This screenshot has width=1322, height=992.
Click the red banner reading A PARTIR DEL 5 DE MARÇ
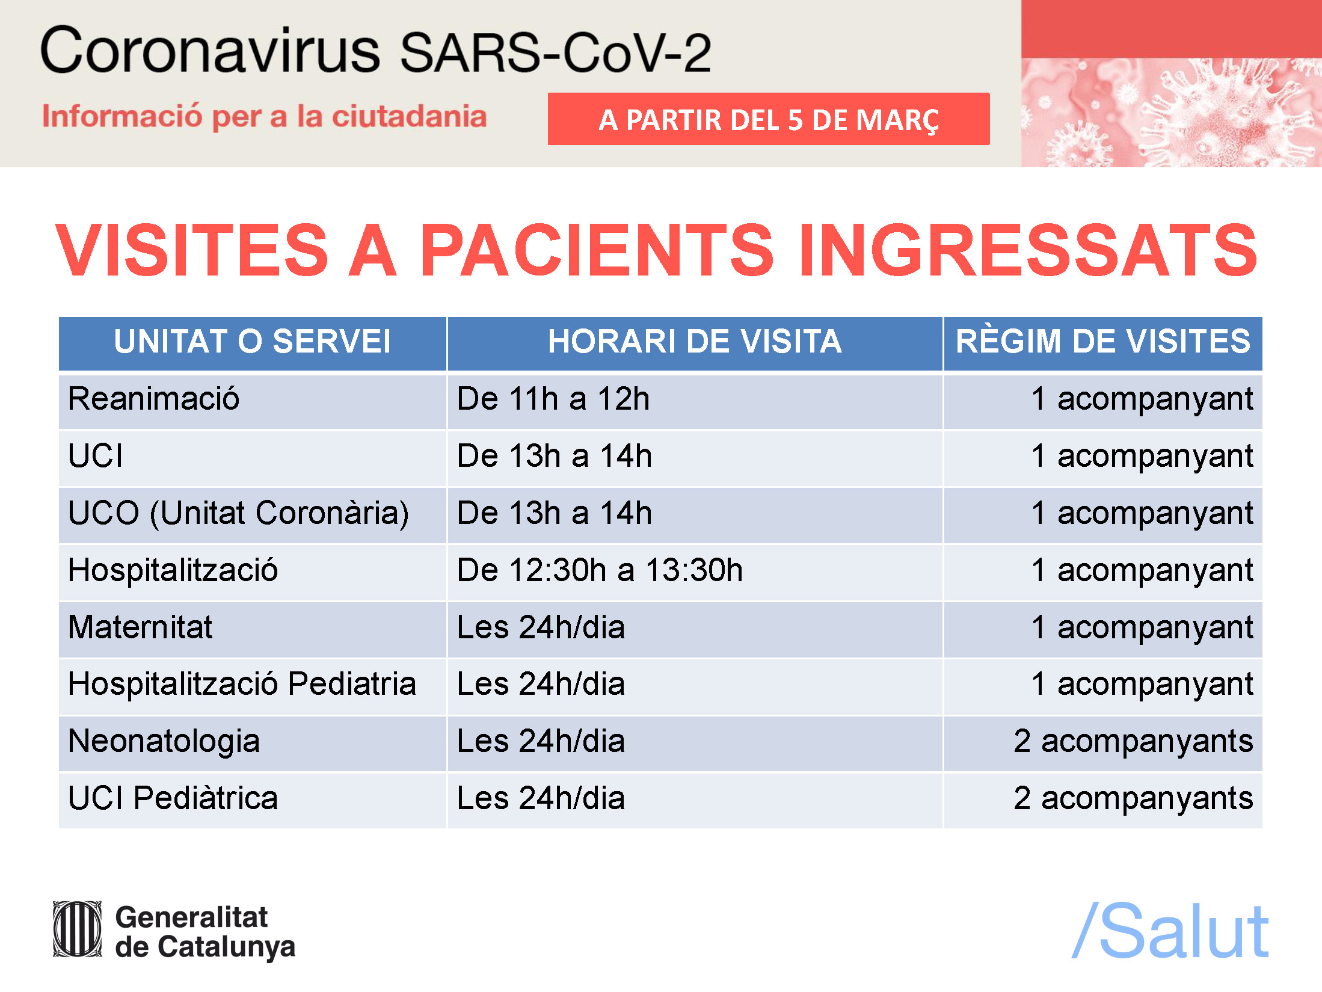point(769,119)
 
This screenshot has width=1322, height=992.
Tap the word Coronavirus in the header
point(210,51)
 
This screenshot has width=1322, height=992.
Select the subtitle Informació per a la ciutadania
point(264,117)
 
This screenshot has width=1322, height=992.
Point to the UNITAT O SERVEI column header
point(253,342)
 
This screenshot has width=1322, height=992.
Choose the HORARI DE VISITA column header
point(695,342)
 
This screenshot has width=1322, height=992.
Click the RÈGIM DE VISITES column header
point(1103,342)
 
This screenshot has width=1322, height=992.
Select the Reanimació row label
point(154,399)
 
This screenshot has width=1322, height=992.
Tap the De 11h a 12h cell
point(553,399)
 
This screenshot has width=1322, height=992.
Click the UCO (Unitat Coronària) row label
point(239,513)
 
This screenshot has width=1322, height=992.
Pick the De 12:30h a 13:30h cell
point(600,570)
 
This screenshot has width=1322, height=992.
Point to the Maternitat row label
point(140,627)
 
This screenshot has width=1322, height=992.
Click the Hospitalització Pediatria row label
point(242,684)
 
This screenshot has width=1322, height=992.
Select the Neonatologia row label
point(164,742)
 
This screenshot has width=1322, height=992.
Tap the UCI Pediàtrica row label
point(173,798)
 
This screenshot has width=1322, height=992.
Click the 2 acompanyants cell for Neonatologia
point(1134,742)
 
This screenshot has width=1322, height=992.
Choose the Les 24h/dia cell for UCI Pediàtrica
point(541,798)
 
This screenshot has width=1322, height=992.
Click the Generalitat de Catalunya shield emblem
point(78,929)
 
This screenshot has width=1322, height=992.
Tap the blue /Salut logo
point(1170,931)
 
